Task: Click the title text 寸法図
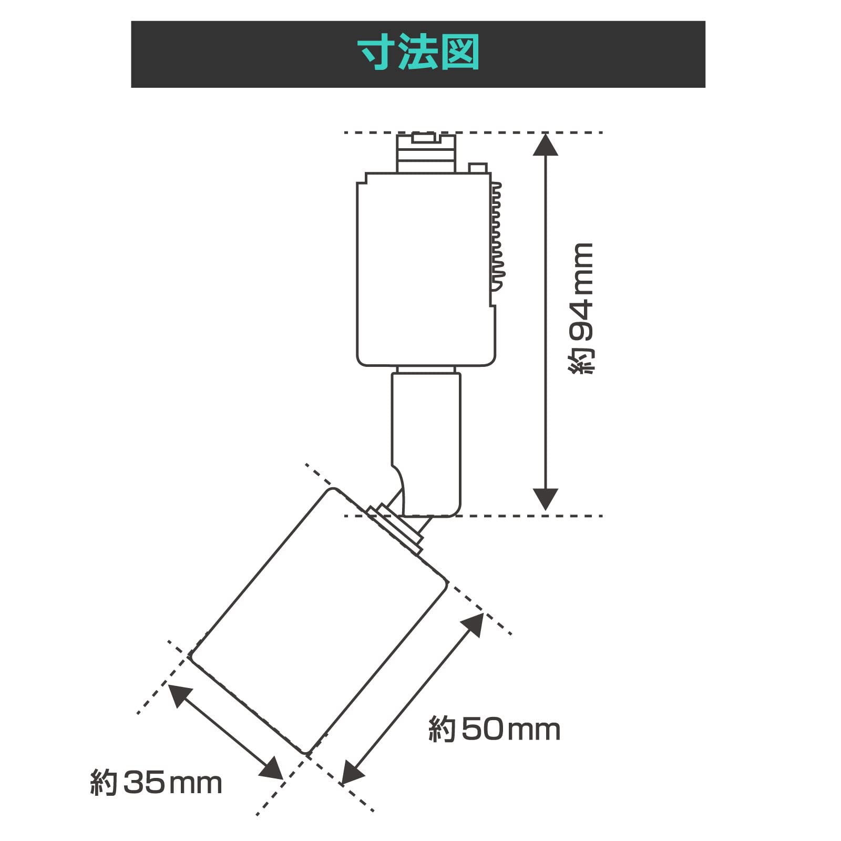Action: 418,53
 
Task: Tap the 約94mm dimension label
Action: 581,309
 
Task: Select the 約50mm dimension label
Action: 495,729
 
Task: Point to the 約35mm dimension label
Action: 156,783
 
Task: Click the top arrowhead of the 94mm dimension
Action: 545,145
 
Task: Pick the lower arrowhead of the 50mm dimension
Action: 352,773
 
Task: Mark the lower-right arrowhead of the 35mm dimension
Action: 272,769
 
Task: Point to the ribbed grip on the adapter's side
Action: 496,237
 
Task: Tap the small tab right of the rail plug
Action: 478,168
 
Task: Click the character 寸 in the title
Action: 377,53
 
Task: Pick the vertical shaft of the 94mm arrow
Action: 545,321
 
